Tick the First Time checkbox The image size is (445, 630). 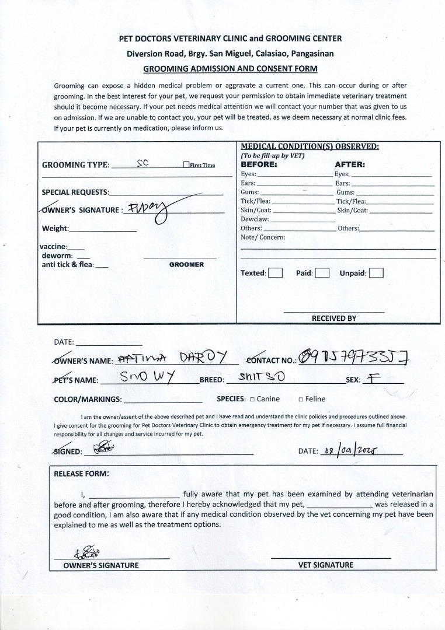(x=186, y=165)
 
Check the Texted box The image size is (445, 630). (x=276, y=273)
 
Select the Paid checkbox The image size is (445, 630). (x=322, y=273)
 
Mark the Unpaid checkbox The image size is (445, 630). (x=376, y=273)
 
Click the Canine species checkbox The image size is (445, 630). (x=252, y=400)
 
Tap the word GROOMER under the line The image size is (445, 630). (x=186, y=265)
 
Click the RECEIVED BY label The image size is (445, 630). (x=333, y=318)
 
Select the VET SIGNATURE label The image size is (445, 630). (x=325, y=565)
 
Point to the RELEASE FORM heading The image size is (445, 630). (x=81, y=474)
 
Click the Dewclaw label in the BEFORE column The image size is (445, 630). (x=255, y=219)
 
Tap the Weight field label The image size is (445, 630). (x=55, y=229)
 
